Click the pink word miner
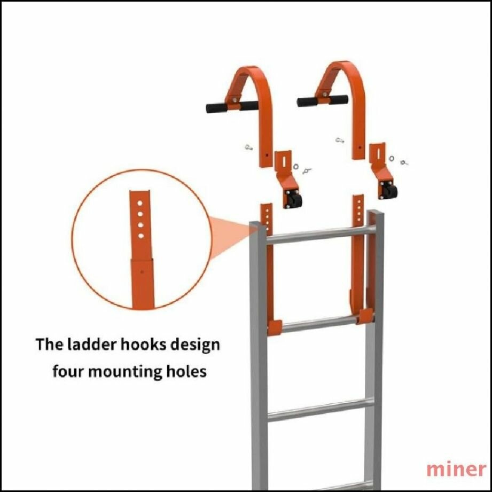[456, 470]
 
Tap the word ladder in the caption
[92, 344]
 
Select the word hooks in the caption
[144, 344]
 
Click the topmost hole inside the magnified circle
[140, 203]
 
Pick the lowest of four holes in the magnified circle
[141, 236]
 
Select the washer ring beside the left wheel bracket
[295, 166]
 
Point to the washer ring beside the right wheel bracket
[392, 158]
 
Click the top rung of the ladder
[321, 235]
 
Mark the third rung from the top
[321, 410]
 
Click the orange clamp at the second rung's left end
[275, 327]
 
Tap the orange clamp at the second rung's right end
[365, 316]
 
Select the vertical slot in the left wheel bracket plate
[284, 161]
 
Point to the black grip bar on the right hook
[323, 100]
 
